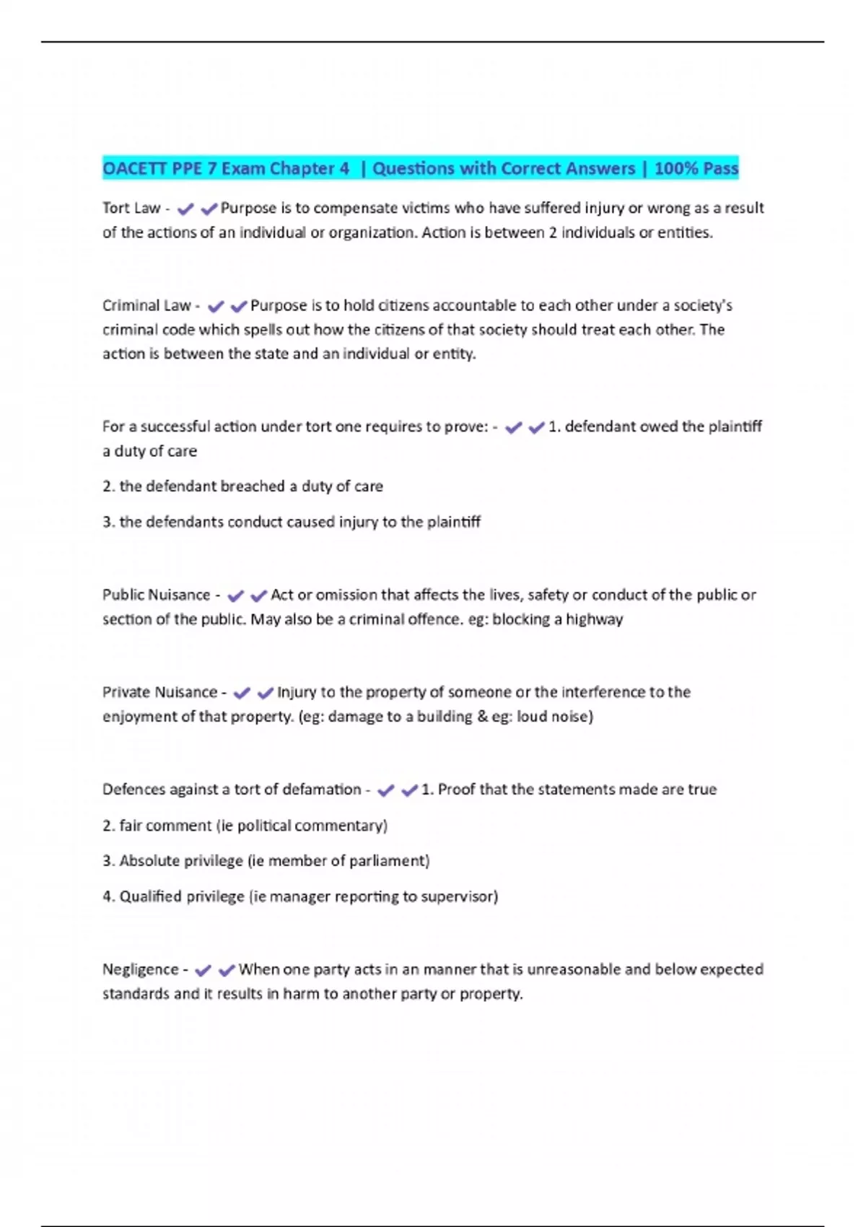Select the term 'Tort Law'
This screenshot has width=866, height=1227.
(131, 209)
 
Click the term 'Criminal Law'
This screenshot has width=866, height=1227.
(146, 306)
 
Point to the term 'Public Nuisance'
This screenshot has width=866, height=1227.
(156, 595)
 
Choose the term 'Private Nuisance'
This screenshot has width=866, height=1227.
(159, 693)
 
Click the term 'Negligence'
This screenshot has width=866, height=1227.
(140, 970)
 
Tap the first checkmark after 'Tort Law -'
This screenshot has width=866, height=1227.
(185, 209)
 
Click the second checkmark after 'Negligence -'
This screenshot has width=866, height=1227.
(227, 971)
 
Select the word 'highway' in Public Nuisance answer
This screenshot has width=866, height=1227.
(594, 620)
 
